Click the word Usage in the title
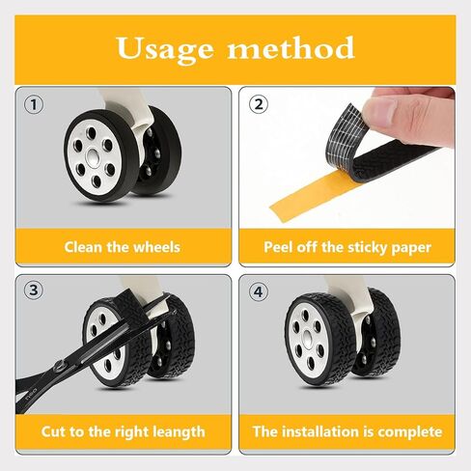[164, 49]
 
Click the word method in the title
[291, 47]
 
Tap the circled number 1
[34, 104]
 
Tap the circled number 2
[259, 104]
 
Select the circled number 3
[34, 291]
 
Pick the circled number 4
[259, 291]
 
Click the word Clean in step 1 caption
[84, 247]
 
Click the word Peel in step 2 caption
[278, 247]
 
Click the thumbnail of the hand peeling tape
[346, 157]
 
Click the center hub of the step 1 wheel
[94, 156]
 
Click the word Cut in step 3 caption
[53, 431]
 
